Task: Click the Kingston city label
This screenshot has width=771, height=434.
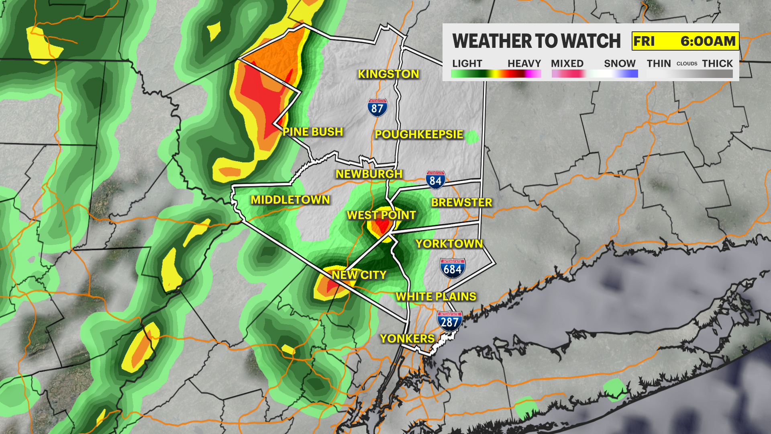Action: click(x=388, y=74)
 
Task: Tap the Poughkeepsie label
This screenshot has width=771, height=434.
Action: click(x=419, y=134)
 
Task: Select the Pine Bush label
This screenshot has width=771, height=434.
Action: click(x=313, y=132)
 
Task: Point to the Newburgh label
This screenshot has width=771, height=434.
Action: click(x=369, y=174)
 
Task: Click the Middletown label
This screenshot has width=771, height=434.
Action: click(x=290, y=200)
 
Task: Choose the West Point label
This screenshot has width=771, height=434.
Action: click(x=381, y=215)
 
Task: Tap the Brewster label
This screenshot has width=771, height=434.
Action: click(x=461, y=203)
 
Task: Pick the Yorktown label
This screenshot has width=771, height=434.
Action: click(x=449, y=244)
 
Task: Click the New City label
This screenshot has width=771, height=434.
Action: click(x=359, y=275)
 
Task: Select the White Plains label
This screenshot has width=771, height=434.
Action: click(x=436, y=297)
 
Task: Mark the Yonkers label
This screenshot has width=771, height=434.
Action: click(x=407, y=339)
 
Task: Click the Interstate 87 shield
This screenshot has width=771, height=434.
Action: click(x=377, y=108)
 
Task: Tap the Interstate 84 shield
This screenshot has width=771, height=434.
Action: click(x=435, y=180)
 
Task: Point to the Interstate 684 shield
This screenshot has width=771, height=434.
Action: click(x=453, y=268)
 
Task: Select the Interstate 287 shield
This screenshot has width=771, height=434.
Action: click(x=449, y=321)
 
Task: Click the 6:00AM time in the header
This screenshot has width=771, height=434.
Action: click(x=708, y=41)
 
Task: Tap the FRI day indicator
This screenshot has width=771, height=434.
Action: click(x=644, y=41)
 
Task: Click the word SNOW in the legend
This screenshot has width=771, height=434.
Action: click(x=620, y=63)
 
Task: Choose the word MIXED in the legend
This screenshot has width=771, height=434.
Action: click(x=567, y=63)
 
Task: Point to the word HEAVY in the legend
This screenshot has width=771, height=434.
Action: click(x=524, y=63)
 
